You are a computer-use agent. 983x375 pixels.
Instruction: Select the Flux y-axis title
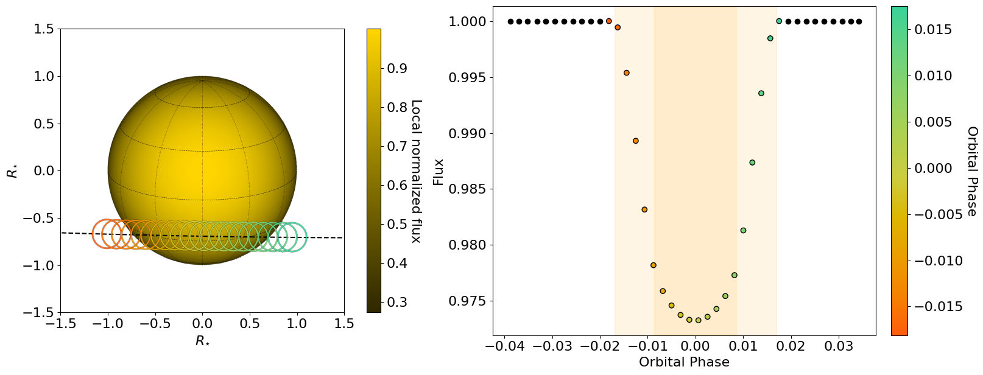[439, 172]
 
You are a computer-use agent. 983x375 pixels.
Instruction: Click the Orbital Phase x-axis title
[684, 362]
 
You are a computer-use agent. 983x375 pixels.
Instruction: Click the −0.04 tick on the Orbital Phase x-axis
[501, 346]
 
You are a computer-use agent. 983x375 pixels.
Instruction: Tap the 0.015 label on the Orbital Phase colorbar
[934, 30]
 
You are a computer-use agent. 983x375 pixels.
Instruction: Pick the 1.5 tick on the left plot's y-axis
[44, 29]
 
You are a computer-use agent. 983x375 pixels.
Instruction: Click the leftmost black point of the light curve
[510, 22]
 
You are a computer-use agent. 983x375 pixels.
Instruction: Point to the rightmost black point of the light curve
[859, 22]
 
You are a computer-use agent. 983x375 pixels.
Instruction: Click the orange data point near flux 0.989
[635, 141]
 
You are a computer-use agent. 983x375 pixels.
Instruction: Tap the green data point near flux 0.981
[743, 230]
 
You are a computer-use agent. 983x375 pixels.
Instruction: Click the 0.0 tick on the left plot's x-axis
[202, 324]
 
